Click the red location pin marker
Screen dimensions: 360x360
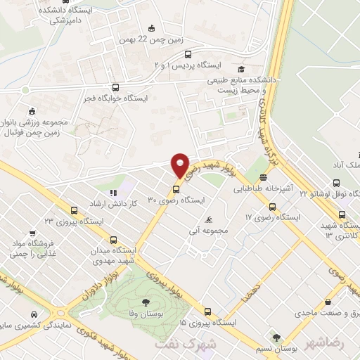180,165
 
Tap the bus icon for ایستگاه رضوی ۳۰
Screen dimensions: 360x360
176,188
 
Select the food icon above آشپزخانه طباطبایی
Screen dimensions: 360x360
263,177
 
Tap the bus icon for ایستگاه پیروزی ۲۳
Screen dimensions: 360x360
74,209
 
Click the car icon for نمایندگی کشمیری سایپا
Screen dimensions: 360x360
32,314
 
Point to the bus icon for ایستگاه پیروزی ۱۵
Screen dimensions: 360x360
206,311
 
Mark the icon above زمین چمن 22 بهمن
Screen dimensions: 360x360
151,28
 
